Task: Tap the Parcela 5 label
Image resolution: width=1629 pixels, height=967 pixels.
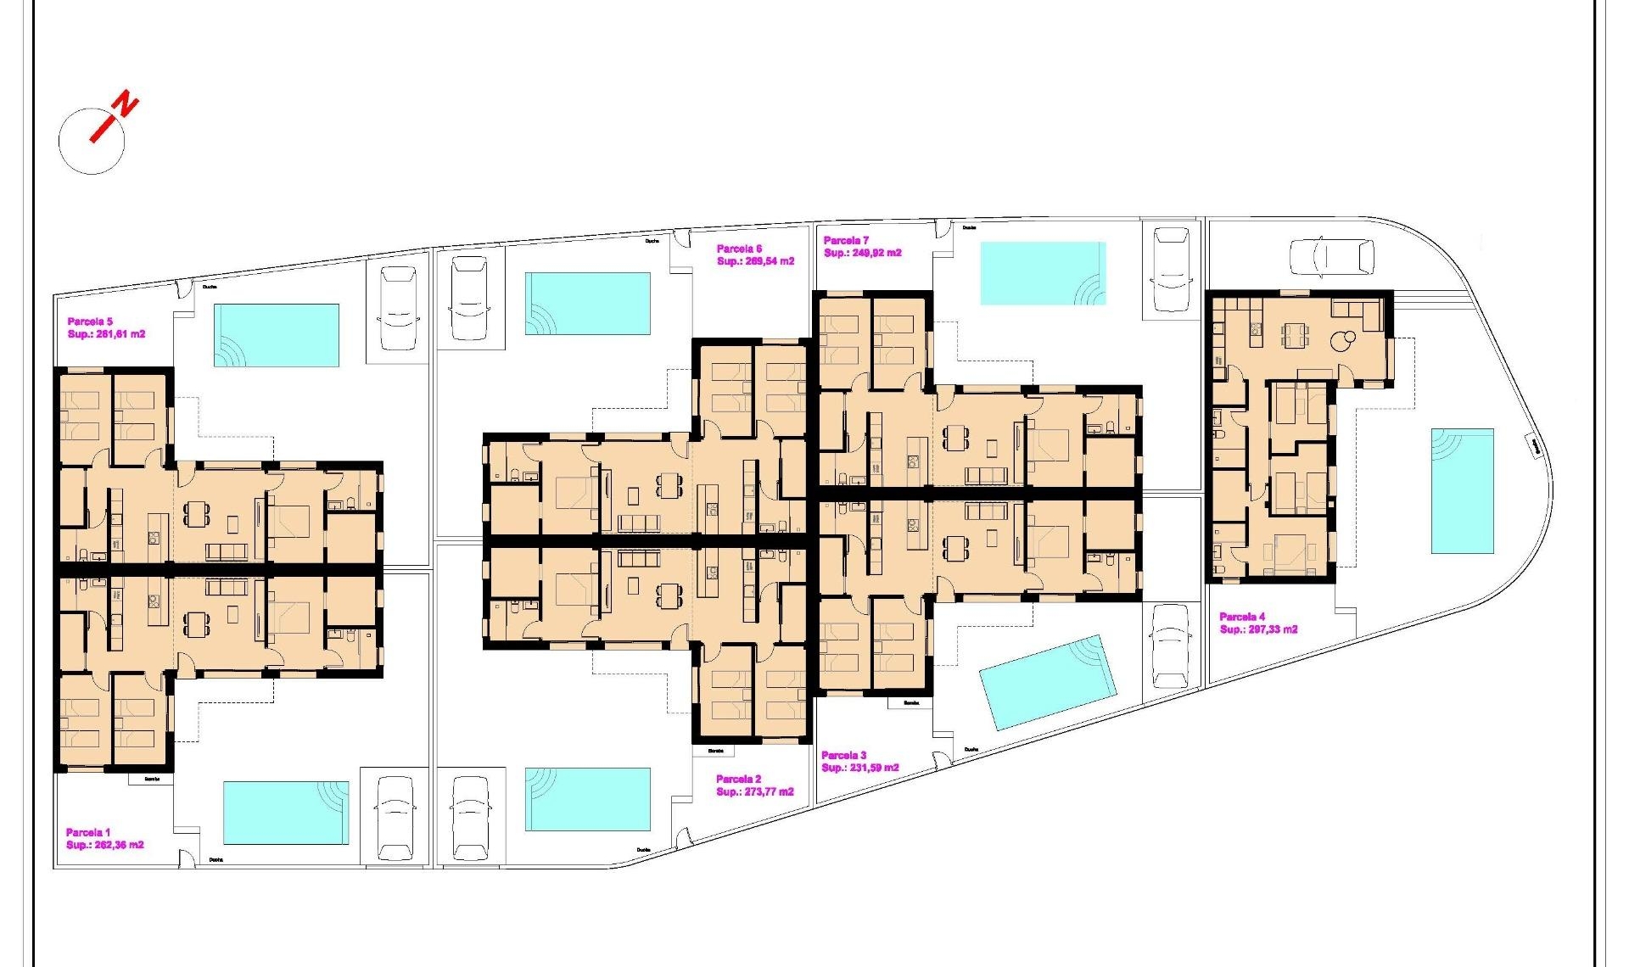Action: pos(90,321)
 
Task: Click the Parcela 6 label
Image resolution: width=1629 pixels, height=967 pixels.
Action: pos(739,249)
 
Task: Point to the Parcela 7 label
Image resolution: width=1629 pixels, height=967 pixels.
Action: pos(846,241)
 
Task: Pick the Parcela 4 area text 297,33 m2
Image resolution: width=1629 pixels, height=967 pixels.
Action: pos(1270,629)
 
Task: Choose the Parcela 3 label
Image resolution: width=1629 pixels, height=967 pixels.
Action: pos(843,755)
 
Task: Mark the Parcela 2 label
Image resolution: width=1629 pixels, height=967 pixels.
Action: pos(738,779)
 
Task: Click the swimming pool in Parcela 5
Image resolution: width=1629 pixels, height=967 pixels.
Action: pos(277,335)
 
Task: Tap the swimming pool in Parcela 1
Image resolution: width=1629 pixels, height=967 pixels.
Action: pos(286,813)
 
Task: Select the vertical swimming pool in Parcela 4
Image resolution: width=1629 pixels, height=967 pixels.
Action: pos(1462,491)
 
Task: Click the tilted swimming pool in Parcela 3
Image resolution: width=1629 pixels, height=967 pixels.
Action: pos(1047,682)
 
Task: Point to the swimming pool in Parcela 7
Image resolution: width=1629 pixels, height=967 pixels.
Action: pos(1043,273)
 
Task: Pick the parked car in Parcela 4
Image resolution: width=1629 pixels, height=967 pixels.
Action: pos(1331,257)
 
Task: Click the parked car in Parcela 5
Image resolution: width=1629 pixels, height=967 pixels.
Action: pos(398,308)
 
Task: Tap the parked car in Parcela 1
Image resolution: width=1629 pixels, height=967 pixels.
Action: pos(395,818)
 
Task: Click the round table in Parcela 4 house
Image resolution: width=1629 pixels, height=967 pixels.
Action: pos(1340,342)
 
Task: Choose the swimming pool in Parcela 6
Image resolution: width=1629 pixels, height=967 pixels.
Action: pos(587,303)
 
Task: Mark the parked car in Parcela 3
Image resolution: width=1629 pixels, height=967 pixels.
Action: pos(1170,646)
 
